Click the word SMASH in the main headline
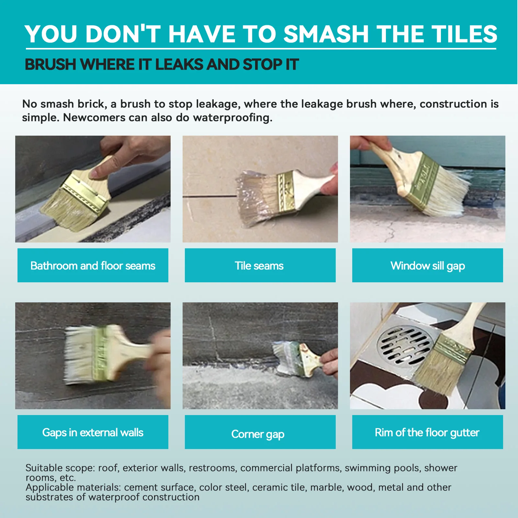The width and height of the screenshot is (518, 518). pyautogui.click(x=326, y=34)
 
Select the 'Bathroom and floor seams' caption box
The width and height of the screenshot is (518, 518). pyautogui.click(x=93, y=265)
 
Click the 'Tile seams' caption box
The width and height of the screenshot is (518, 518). pyautogui.click(x=260, y=265)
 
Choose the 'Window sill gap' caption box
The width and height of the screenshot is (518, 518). pyautogui.click(x=427, y=265)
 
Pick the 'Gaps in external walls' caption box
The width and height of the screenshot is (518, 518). pyautogui.click(x=93, y=432)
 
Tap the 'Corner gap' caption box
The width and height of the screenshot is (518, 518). pyautogui.click(x=260, y=432)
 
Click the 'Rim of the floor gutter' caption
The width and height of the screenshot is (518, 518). pyautogui.click(x=427, y=432)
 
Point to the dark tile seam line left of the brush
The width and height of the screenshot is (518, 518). pyautogui.click(x=210, y=196)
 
